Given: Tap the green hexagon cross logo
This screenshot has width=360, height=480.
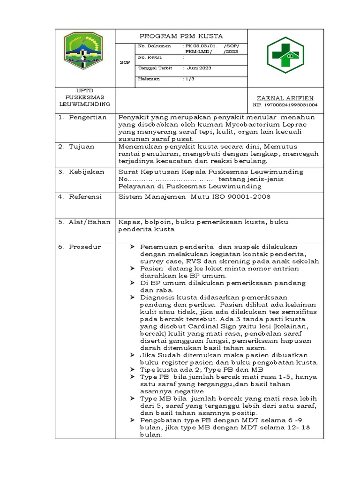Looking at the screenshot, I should tap(285, 55).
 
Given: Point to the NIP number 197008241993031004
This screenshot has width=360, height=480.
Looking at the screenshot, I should tap(285, 105).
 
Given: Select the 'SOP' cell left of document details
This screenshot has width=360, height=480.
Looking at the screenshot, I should tap(125, 62).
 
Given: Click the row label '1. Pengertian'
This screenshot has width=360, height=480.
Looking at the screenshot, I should tap(83, 117).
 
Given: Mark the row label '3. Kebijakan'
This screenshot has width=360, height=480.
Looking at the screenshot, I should tap(82, 172).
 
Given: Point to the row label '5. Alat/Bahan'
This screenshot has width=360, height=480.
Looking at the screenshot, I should tap(84, 222).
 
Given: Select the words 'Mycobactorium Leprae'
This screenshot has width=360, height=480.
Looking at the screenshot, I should tap(260, 125).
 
